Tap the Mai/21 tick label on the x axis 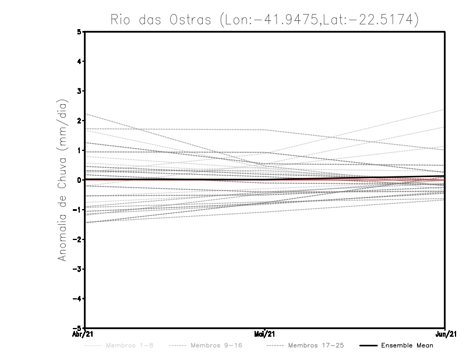coord(265,334)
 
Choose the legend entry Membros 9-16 coord(216,345)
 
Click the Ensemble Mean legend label coord(407,345)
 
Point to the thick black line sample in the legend coord(368,345)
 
